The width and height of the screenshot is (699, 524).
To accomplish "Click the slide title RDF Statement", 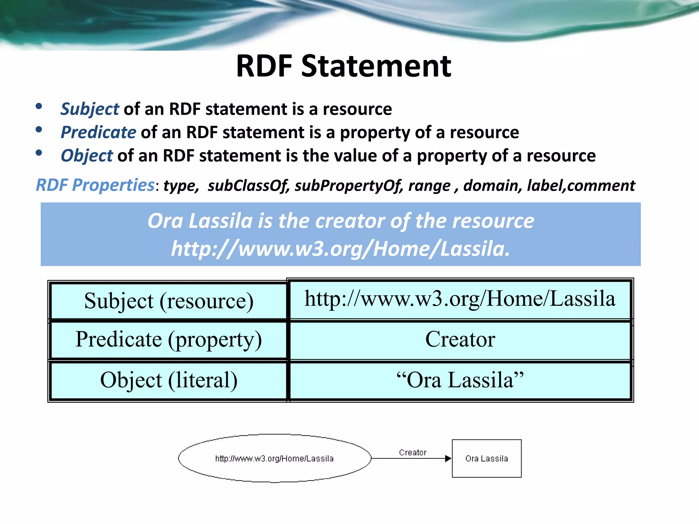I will pos(343,66).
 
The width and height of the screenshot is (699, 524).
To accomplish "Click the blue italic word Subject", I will pos(89,109).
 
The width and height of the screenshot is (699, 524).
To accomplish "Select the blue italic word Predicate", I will pos(98,132).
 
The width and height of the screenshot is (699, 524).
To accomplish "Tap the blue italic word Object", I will pos(87,156).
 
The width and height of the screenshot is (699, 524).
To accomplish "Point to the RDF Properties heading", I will pos(95,185).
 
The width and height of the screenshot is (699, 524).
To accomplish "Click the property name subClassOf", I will pos(248,186).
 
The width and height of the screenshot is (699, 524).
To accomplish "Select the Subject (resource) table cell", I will pos(169,301).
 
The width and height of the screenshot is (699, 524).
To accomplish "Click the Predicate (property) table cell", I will pos(169,339).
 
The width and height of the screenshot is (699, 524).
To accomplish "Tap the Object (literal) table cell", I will pos(169,380).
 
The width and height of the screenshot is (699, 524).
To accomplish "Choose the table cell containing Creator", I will pos(460,339).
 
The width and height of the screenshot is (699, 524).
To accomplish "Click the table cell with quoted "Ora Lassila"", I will pos(460,380).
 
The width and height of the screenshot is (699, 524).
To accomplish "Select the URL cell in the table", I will pos(460,299).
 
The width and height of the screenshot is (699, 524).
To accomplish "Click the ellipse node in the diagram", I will pos(274,458).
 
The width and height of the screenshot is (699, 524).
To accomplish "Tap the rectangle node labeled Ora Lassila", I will pos(486,458).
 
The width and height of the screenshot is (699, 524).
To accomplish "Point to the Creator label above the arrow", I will pos(412,452).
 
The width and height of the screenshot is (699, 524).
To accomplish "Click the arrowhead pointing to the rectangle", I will pos(448,458).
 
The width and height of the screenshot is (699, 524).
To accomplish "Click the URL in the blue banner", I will pos(340,248).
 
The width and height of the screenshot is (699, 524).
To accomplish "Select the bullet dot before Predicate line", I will pos(39,130).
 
